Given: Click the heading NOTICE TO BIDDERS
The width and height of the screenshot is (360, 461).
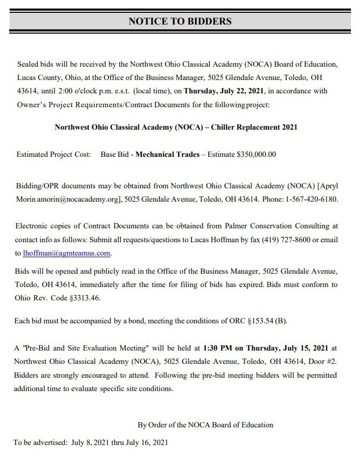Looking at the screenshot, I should coord(180,21).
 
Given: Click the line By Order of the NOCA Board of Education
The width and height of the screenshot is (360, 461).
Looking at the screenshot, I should coord(206,425).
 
